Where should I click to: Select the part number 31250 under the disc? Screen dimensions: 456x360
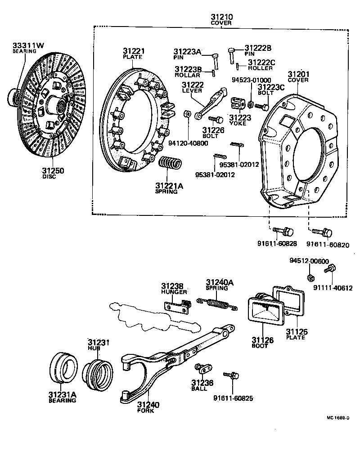(x=53, y=171)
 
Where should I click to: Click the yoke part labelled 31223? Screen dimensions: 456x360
(x=237, y=103)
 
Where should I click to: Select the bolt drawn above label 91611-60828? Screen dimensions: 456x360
(x=283, y=232)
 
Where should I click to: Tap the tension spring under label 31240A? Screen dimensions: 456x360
(x=221, y=304)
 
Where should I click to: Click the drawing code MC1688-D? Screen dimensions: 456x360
(x=338, y=418)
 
